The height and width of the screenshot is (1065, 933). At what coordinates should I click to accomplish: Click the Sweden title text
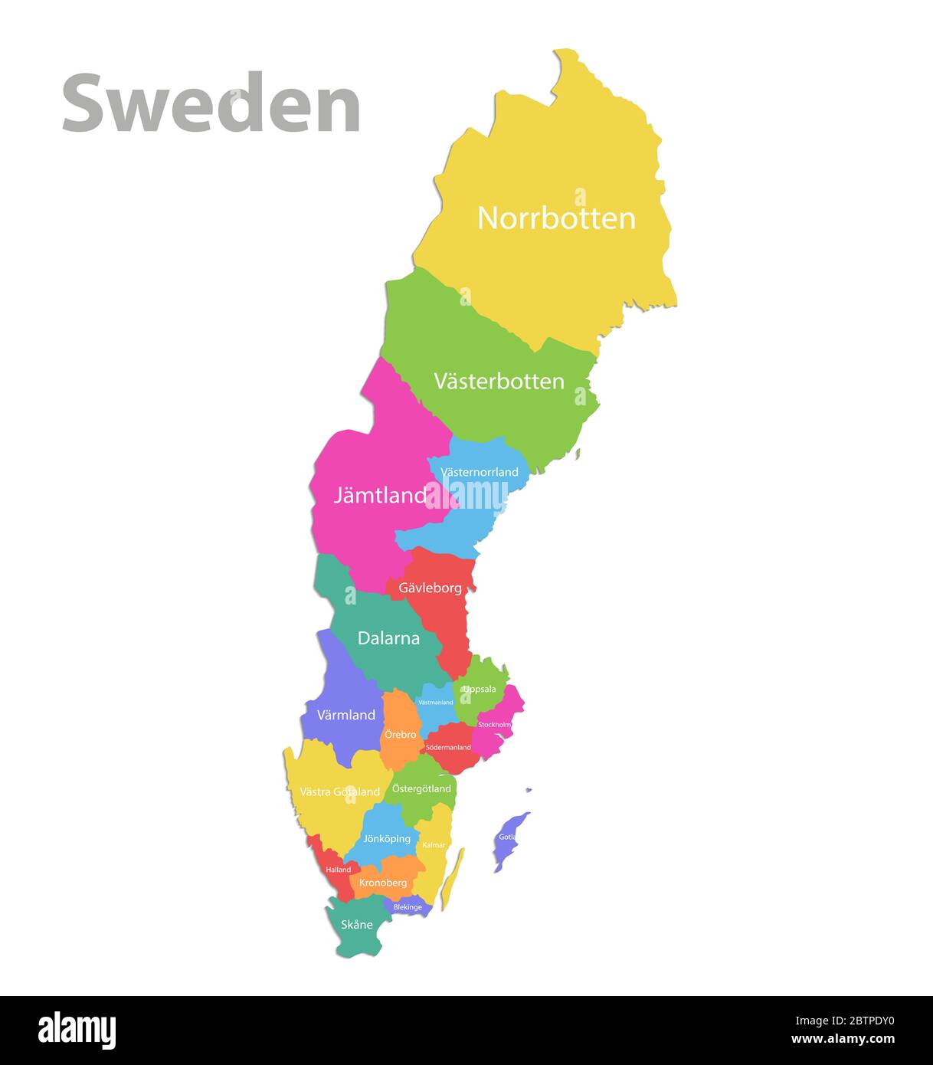[x=211, y=103]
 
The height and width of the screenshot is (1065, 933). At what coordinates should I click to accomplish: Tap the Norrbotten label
[x=556, y=218]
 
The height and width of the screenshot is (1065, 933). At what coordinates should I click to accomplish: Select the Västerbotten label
[x=499, y=381]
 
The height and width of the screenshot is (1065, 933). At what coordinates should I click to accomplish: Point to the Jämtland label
[x=380, y=495]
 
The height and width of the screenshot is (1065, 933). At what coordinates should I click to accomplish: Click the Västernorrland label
[x=480, y=472]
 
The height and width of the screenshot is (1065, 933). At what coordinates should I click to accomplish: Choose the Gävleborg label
[x=430, y=588]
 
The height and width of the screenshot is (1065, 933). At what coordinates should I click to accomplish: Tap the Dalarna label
[x=388, y=637]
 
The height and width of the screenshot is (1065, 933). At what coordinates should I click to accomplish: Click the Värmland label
[x=346, y=715]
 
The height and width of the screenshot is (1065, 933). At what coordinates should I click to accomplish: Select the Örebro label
[x=401, y=735]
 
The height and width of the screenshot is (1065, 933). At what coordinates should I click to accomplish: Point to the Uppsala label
[x=480, y=689]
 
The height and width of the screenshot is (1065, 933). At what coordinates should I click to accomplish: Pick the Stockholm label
[x=494, y=725]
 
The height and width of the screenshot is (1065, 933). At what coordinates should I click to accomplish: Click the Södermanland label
[x=448, y=747]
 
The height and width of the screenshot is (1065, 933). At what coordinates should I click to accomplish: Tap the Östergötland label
[x=421, y=788]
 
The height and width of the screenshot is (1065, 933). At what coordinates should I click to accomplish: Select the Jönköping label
[x=387, y=838]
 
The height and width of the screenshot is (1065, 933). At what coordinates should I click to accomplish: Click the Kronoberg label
[x=383, y=883]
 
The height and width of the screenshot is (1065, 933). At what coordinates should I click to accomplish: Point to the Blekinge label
[x=408, y=907]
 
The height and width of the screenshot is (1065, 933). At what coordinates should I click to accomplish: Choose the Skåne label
[x=357, y=924]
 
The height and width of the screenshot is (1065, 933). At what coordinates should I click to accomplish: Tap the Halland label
[x=338, y=870]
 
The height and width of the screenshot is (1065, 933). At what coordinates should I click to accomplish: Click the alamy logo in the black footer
[x=77, y=1031]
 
